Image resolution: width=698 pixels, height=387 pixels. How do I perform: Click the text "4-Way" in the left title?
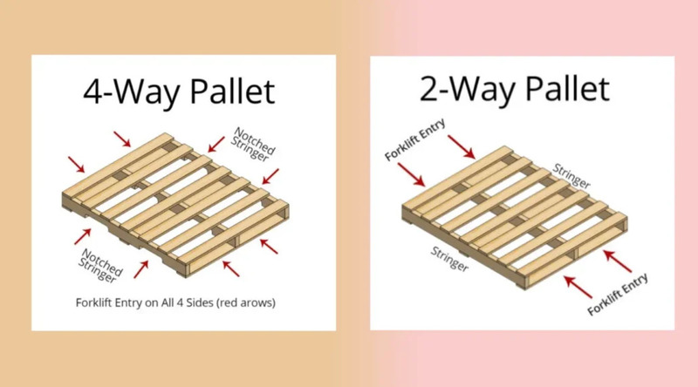coord(122,92)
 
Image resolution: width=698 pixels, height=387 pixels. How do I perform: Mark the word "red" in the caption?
coord(234,303)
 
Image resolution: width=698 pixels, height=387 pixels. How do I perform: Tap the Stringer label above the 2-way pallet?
coord(571,177)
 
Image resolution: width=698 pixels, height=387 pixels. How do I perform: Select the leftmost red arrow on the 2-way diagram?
coord(412,176)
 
